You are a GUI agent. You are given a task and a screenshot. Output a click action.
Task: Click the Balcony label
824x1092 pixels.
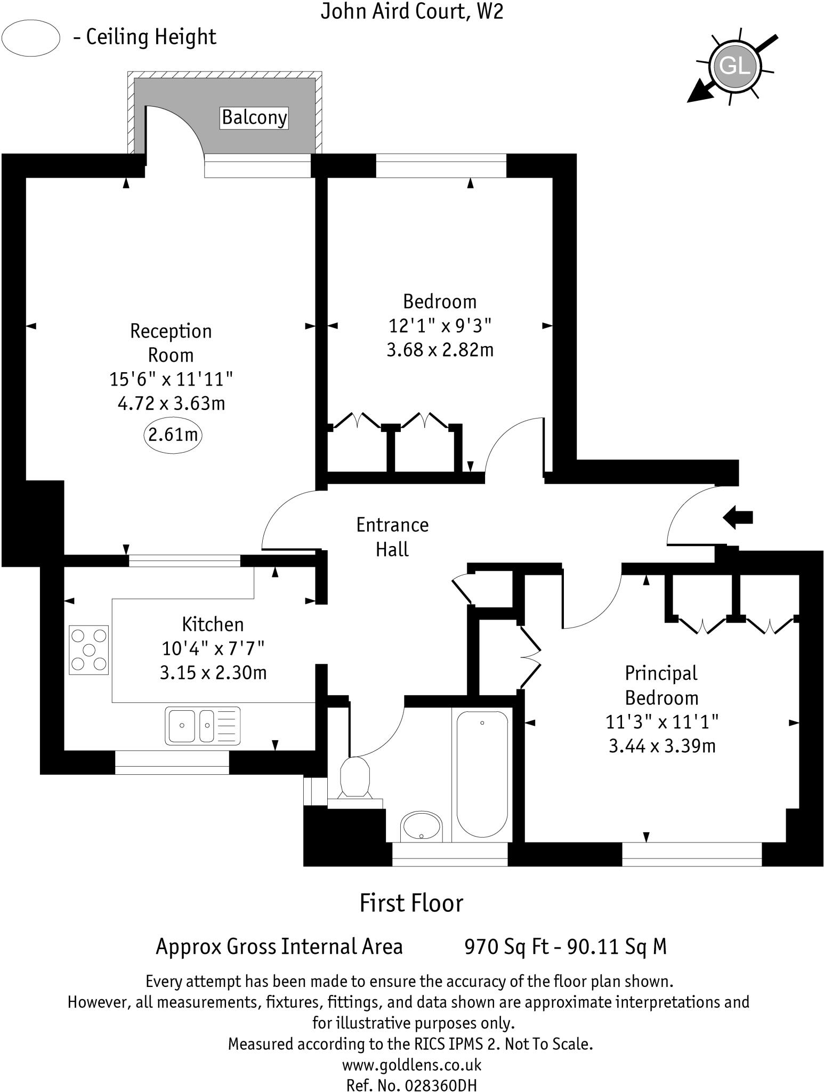(x=254, y=117)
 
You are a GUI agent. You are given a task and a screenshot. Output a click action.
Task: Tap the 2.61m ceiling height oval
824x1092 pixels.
(x=173, y=435)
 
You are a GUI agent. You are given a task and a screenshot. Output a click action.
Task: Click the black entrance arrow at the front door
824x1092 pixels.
(x=738, y=517)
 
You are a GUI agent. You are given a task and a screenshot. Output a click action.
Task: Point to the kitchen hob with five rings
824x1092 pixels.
(x=89, y=649)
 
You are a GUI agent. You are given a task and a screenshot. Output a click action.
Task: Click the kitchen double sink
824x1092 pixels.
(x=203, y=725)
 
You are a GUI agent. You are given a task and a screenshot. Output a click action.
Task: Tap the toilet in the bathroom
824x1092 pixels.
(x=355, y=777)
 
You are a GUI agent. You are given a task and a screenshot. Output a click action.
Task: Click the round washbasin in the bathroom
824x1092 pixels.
(x=421, y=826)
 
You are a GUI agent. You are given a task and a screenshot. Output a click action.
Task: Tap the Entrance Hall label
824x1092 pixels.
(x=392, y=537)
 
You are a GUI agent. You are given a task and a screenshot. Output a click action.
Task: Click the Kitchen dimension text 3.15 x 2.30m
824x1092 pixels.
(x=213, y=673)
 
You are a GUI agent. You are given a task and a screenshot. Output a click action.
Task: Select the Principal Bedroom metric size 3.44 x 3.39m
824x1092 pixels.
(x=661, y=746)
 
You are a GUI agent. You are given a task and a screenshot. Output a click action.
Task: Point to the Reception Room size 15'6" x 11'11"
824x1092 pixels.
(x=171, y=380)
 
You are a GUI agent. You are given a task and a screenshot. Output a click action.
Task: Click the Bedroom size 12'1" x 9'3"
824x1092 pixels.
(x=440, y=325)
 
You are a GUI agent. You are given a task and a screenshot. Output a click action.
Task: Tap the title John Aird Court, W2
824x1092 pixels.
(x=411, y=12)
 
